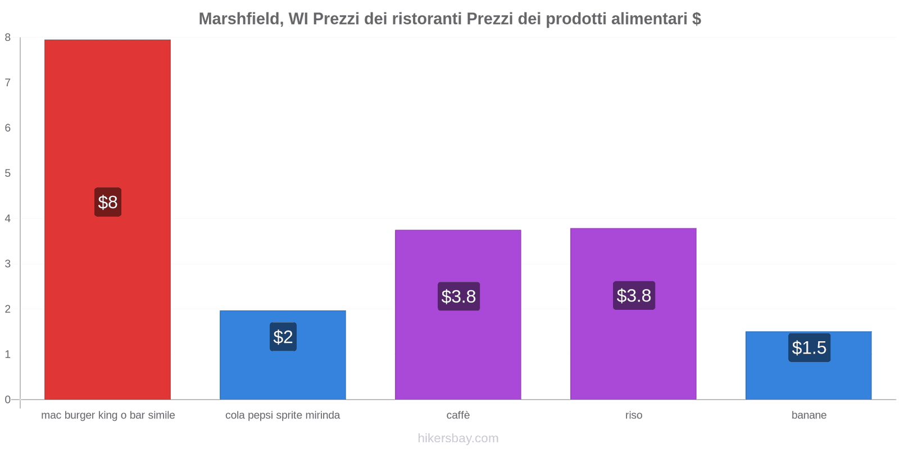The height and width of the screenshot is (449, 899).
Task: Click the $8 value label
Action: pos(108,202)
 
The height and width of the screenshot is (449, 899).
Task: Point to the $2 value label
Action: pos(283,337)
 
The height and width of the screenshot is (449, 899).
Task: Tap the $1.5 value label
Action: pos(809,348)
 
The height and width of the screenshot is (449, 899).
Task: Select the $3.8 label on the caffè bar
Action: pos(458,296)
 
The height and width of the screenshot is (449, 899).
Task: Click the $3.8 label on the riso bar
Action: pos(634,295)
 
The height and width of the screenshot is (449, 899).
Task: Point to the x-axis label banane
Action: pos(809,415)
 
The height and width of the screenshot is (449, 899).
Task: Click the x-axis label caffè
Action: pos(458,415)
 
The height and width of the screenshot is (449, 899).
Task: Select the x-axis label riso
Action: pos(633,415)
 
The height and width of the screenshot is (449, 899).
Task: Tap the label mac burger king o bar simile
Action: pos(108,415)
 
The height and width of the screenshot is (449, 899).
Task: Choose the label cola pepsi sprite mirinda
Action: pos(283,415)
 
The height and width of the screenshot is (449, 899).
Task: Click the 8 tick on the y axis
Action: pos(8,38)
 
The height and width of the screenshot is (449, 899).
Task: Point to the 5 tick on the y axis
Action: pos(8,173)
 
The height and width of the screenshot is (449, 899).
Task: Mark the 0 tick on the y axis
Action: pos(8,400)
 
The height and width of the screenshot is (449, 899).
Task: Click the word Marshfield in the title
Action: pos(240,19)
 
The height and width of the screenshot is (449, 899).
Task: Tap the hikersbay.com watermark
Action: pos(458,438)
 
